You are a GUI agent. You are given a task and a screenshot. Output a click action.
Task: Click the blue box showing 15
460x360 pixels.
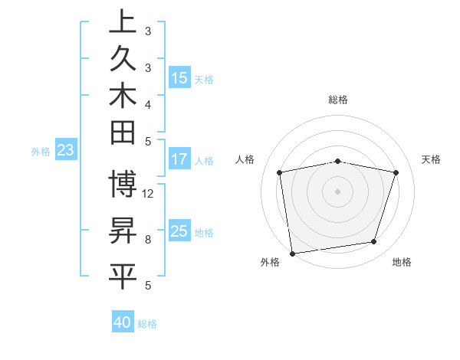tap(179, 77)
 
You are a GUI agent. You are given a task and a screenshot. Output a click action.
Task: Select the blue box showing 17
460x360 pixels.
tap(179, 159)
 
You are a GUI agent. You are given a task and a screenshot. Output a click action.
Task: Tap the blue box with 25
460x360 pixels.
tap(179, 231)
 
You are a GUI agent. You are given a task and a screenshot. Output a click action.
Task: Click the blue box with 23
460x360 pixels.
tap(65, 151)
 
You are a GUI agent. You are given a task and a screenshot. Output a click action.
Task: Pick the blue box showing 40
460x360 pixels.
tap(123, 322)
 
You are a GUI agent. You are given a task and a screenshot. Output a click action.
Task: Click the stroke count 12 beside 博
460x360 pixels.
tap(148, 193)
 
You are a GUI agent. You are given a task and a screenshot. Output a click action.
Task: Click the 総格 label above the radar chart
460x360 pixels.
tap(337, 100)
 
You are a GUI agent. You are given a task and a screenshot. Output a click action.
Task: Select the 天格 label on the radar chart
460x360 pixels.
tap(431, 159)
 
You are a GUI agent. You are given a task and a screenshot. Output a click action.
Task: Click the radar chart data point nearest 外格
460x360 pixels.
tap(292, 253)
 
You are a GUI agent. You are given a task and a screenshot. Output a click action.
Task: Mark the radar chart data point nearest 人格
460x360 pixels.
tap(279, 172)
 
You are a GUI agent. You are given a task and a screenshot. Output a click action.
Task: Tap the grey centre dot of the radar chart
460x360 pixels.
tap(337, 191)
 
